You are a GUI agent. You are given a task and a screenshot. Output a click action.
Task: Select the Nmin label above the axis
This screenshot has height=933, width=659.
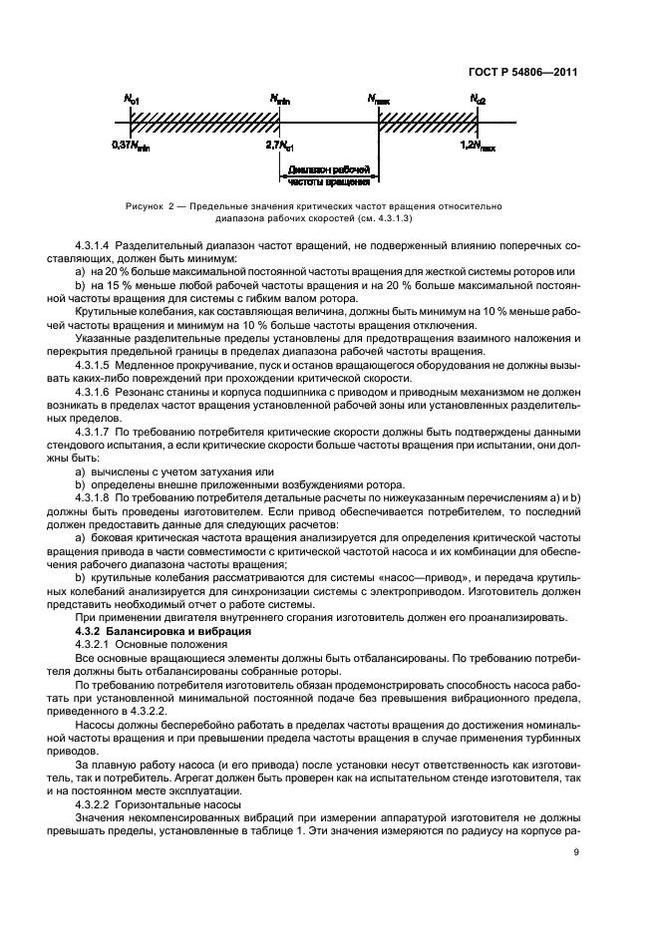(x=280, y=100)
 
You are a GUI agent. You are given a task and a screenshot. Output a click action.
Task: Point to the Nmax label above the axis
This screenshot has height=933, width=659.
(x=378, y=100)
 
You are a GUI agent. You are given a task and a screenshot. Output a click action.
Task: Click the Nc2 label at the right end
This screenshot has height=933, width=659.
(x=478, y=100)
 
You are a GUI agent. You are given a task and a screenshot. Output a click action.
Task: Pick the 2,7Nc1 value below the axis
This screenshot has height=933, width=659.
(x=280, y=146)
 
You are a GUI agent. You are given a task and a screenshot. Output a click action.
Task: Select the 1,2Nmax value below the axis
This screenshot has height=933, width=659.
(x=478, y=146)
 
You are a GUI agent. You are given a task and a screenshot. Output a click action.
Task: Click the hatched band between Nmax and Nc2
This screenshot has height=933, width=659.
(x=428, y=122)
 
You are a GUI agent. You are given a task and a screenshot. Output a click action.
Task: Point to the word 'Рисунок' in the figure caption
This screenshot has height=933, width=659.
(x=148, y=205)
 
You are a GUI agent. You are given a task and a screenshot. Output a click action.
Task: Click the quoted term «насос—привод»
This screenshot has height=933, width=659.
(x=389, y=576)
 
